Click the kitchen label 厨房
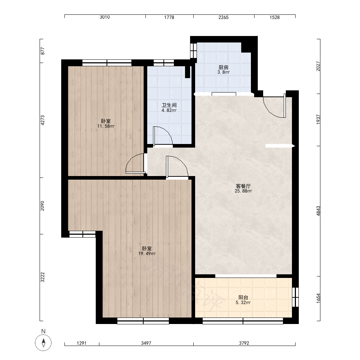[x=224, y=67]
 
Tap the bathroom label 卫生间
[x=169, y=105]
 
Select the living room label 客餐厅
[x=243, y=186]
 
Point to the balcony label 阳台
[x=243, y=298]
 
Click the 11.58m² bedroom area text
[x=105, y=126]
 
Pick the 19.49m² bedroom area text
[x=147, y=254]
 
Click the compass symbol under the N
[x=43, y=343]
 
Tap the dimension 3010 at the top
[x=105, y=17]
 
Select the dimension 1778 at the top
[x=169, y=17]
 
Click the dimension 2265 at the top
[x=224, y=17]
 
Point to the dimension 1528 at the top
[x=275, y=17]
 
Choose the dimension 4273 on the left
[x=42, y=120]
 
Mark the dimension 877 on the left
[x=42, y=51]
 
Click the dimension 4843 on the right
[x=318, y=211]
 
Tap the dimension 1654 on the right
[x=318, y=298]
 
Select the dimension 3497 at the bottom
[x=146, y=343]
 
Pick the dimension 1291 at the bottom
[x=81, y=343]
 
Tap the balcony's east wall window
[x=295, y=297]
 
